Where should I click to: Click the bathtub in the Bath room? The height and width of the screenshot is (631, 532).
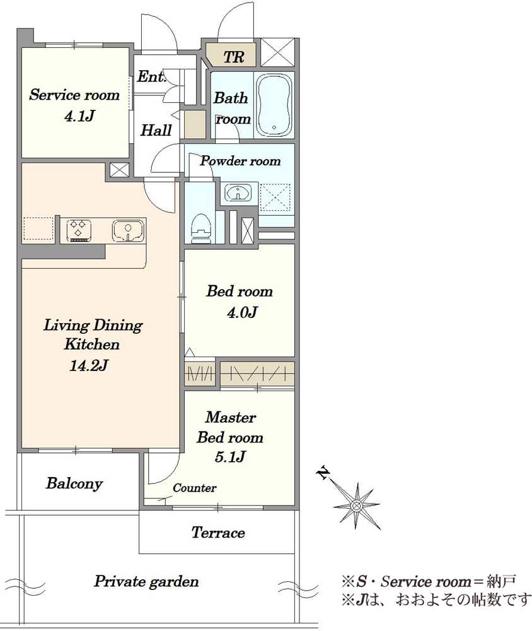click(x=274, y=105)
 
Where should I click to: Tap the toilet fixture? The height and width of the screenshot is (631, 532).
click(x=200, y=227)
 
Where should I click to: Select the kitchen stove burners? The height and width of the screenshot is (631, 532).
click(x=79, y=230)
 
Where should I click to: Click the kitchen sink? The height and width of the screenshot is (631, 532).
click(x=129, y=230)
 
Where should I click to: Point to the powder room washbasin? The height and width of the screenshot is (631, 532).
click(x=239, y=192)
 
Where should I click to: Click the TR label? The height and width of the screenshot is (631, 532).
click(x=234, y=57)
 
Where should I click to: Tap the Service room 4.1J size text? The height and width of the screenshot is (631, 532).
click(x=79, y=116)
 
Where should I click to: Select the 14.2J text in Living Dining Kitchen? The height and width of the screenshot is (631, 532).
click(x=88, y=365)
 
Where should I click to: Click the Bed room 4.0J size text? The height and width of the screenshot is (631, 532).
click(x=242, y=312)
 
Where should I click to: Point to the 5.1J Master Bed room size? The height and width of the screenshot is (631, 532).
click(x=230, y=457)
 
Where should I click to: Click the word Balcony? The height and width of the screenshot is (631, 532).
click(x=74, y=483)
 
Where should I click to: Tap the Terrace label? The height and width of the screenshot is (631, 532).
click(x=218, y=533)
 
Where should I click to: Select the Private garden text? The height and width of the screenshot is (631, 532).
click(x=146, y=582)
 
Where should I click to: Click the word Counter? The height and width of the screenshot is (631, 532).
click(x=195, y=488)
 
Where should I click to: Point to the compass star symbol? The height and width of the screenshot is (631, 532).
click(x=357, y=505)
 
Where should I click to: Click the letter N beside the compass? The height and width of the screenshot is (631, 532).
click(x=323, y=473)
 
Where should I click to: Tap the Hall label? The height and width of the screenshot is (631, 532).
click(x=156, y=130)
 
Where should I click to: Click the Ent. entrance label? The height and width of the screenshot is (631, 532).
click(x=151, y=76)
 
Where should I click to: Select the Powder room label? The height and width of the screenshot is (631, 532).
click(x=240, y=161)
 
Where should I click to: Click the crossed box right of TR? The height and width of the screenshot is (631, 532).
click(x=278, y=52)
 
